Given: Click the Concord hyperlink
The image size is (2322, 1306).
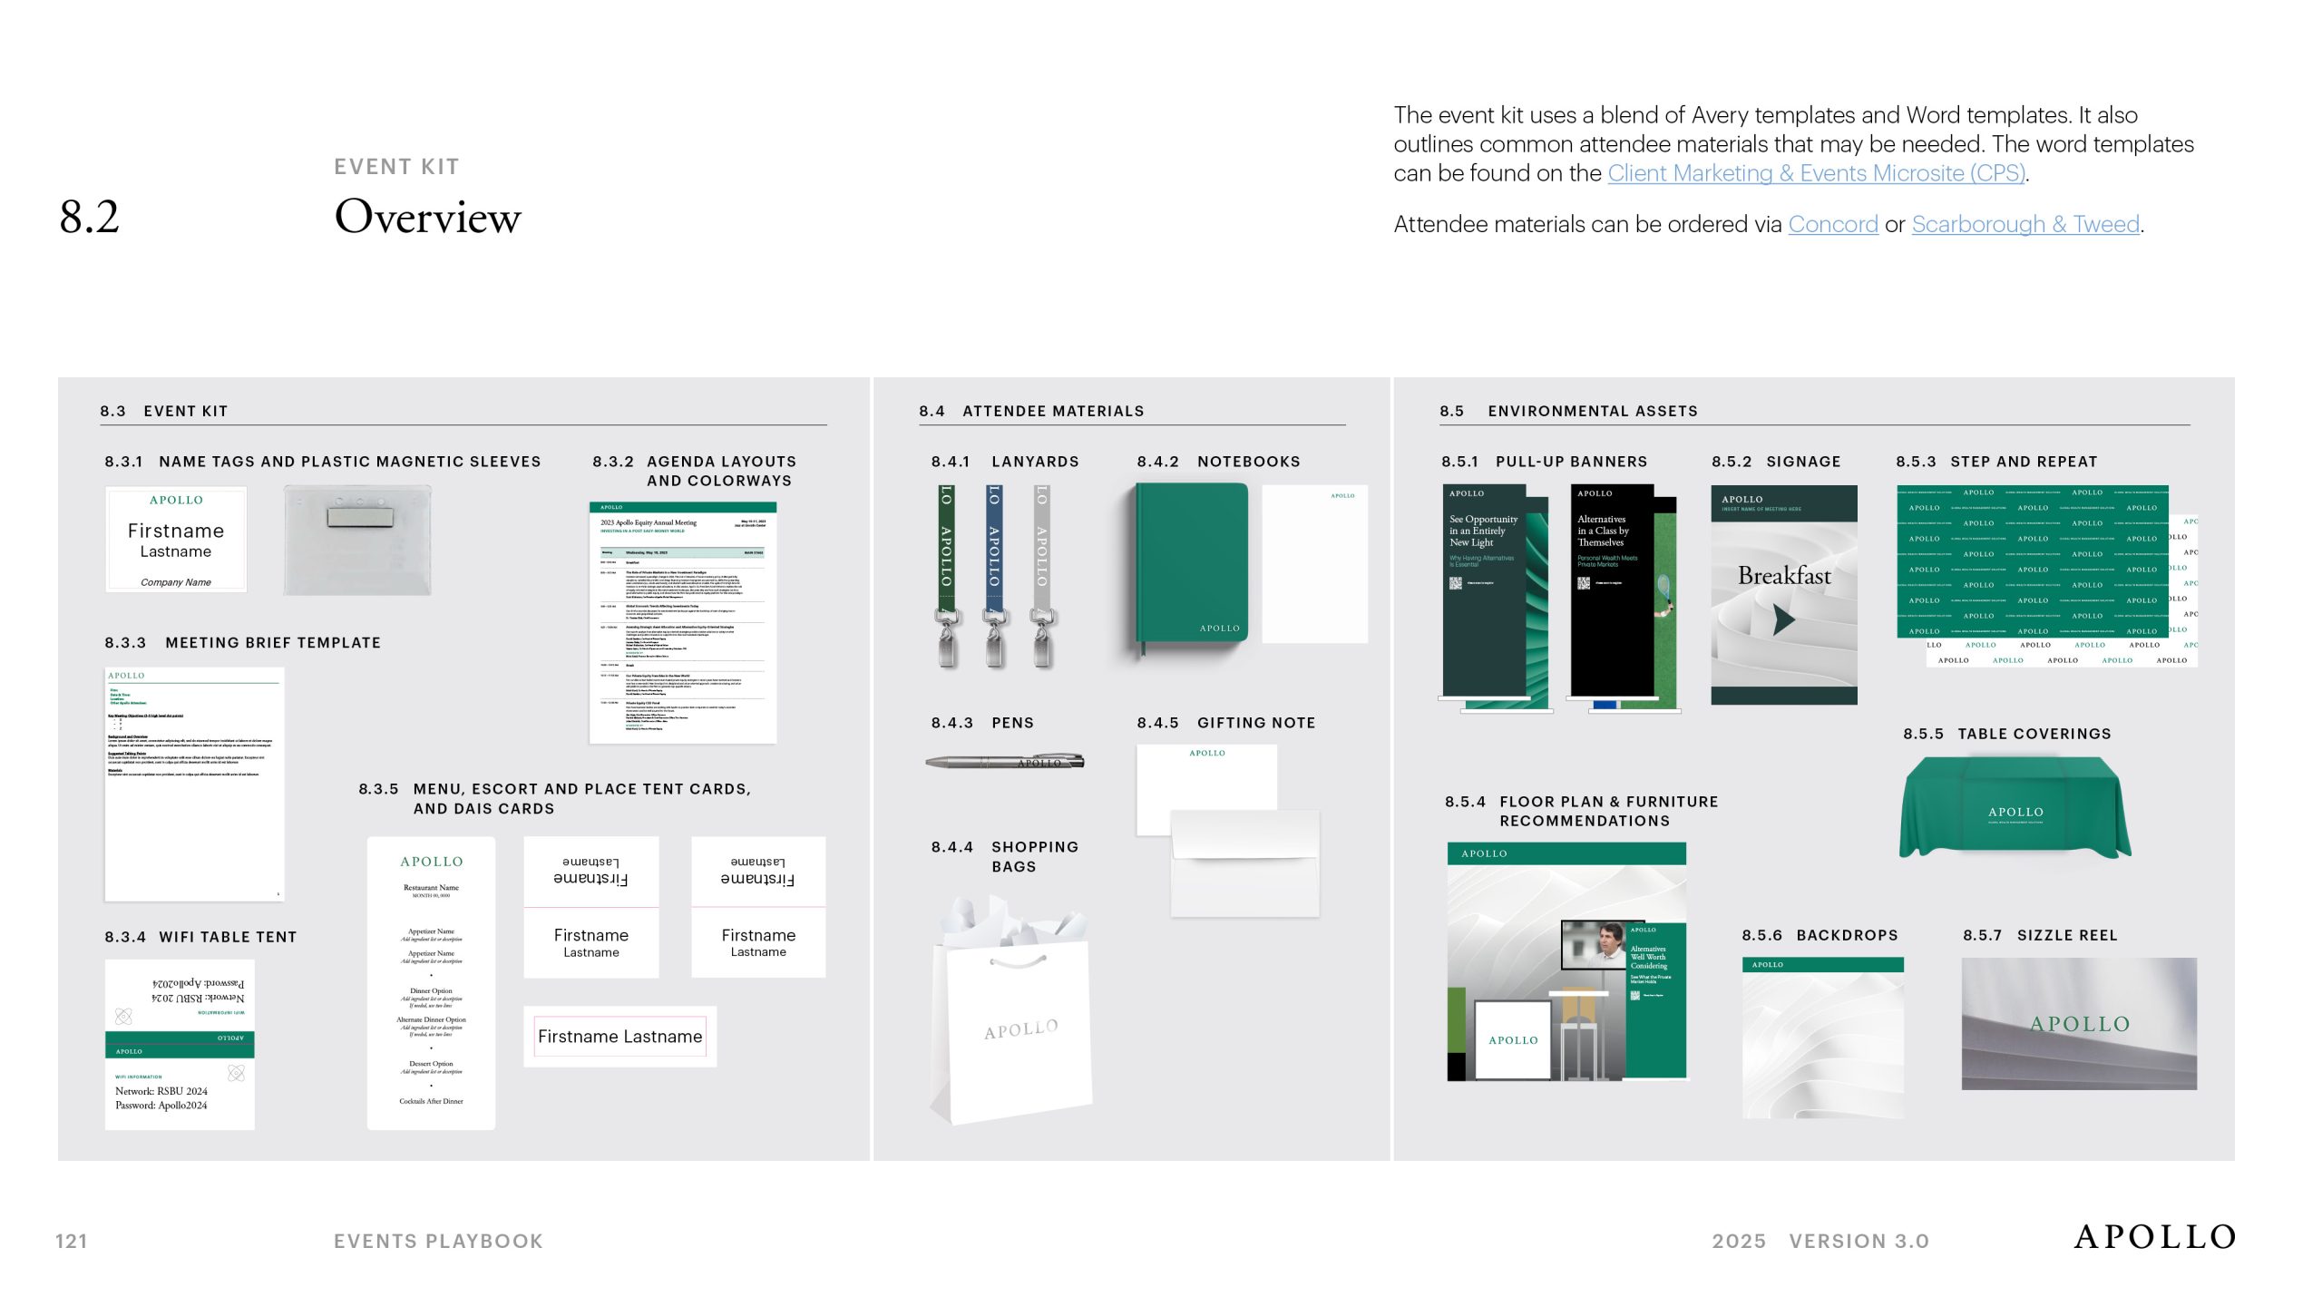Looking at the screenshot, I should tap(1832, 224).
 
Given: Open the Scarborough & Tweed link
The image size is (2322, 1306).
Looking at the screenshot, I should tap(2024, 224).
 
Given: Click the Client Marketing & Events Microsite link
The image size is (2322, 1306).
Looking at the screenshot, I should tap(1816, 173).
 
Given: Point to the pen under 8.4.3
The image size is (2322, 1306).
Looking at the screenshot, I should tap(1004, 762).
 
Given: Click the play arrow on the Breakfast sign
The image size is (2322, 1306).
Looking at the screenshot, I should tap(1783, 620).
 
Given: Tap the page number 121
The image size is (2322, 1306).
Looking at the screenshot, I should tap(72, 1241).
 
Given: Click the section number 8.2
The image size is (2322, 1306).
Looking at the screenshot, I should tap(89, 218).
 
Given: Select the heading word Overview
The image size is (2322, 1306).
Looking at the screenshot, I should tap(427, 218).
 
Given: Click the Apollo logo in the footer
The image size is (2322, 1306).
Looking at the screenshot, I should tap(2154, 1237).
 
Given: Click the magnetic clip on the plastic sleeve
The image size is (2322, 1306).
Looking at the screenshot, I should tap(356, 517).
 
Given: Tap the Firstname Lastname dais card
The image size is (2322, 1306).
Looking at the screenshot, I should tap(620, 1037).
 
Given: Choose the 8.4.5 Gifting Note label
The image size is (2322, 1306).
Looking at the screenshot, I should tap(1225, 723).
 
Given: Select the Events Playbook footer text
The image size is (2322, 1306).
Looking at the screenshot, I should tap(438, 1241).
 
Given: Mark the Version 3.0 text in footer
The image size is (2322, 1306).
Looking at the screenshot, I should tap(1859, 1241).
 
